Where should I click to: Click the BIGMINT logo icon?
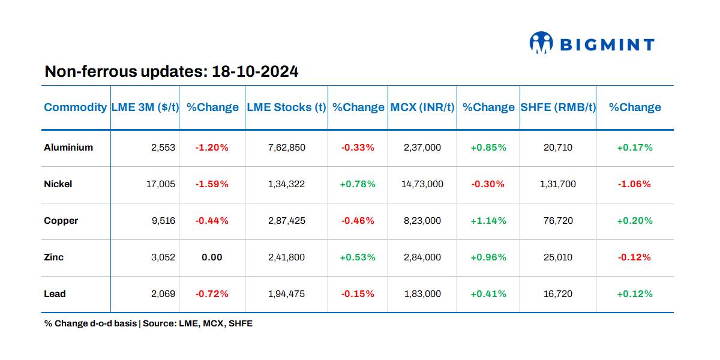click(x=541, y=43)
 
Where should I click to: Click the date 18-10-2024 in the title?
click(x=255, y=72)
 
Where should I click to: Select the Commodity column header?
click(x=75, y=107)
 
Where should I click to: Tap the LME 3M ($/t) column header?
click(x=145, y=107)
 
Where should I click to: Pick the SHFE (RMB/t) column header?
click(x=558, y=107)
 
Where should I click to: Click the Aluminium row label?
click(x=68, y=148)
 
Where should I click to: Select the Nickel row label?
click(x=58, y=184)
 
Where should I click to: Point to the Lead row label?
click(x=55, y=294)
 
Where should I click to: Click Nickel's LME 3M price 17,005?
click(x=161, y=184)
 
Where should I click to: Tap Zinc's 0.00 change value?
click(x=212, y=257)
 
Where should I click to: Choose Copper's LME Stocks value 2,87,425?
click(x=287, y=221)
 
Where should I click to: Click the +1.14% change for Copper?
click(x=488, y=221)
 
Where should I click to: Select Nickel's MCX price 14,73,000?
click(x=422, y=184)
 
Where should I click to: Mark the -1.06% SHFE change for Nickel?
click(x=634, y=184)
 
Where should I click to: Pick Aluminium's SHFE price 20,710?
click(x=558, y=148)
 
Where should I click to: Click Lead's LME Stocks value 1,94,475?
click(x=287, y=294)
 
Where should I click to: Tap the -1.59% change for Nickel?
click(x=212, y=184)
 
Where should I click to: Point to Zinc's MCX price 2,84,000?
click(x=422, y=257)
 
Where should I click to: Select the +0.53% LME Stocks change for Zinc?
click(x=358, y=257)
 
